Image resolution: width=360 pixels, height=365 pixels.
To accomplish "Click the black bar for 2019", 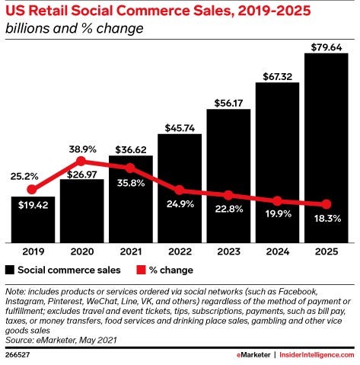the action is coord(33,219).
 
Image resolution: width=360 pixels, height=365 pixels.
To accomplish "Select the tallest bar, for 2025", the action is coord(327,148).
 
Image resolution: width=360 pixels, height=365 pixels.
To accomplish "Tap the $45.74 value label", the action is coord(180,128).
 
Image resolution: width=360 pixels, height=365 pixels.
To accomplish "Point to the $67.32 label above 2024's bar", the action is coord(278,76).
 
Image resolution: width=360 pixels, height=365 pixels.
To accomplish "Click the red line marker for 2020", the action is coord(81,161).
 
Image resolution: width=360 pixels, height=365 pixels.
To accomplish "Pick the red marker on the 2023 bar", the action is coord(228,195).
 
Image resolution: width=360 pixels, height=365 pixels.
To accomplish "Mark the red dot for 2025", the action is coord(327,204).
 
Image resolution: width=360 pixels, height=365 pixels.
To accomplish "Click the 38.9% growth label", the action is coord(83,149).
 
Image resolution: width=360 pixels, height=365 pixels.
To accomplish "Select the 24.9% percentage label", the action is coord(180,203).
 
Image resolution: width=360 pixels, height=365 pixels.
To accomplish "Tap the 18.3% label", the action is coord(327,219).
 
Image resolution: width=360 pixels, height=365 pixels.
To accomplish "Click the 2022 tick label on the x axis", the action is coord(180,251).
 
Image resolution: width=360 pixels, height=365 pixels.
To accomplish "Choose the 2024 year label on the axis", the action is coord(278,251).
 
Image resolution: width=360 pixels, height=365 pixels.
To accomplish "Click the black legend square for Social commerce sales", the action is coord(10,270).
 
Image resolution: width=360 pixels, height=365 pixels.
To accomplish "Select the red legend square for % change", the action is coord(141,270).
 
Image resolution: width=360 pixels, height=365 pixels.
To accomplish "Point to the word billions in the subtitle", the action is coord(27,28).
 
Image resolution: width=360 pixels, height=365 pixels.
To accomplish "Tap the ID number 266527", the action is coord(18,354).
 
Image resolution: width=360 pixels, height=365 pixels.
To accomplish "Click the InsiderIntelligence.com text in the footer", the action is coord(317,355).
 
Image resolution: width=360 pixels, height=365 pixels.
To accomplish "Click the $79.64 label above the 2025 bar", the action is coord(327,47).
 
